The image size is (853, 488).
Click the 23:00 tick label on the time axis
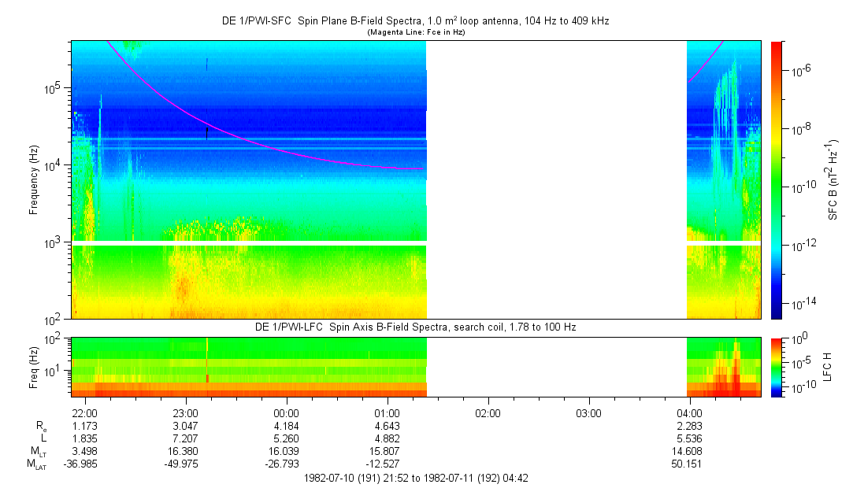point(185,413)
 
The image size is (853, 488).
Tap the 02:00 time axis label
point(488,413)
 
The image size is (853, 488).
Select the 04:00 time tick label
point(690,413)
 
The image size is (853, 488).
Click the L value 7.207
point(185,438)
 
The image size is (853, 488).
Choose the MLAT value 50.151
point(690,463)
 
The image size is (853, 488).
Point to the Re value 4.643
point(387,426)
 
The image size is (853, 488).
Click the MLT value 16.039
point(286,450)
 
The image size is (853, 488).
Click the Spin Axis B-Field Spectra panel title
point(415,327)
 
